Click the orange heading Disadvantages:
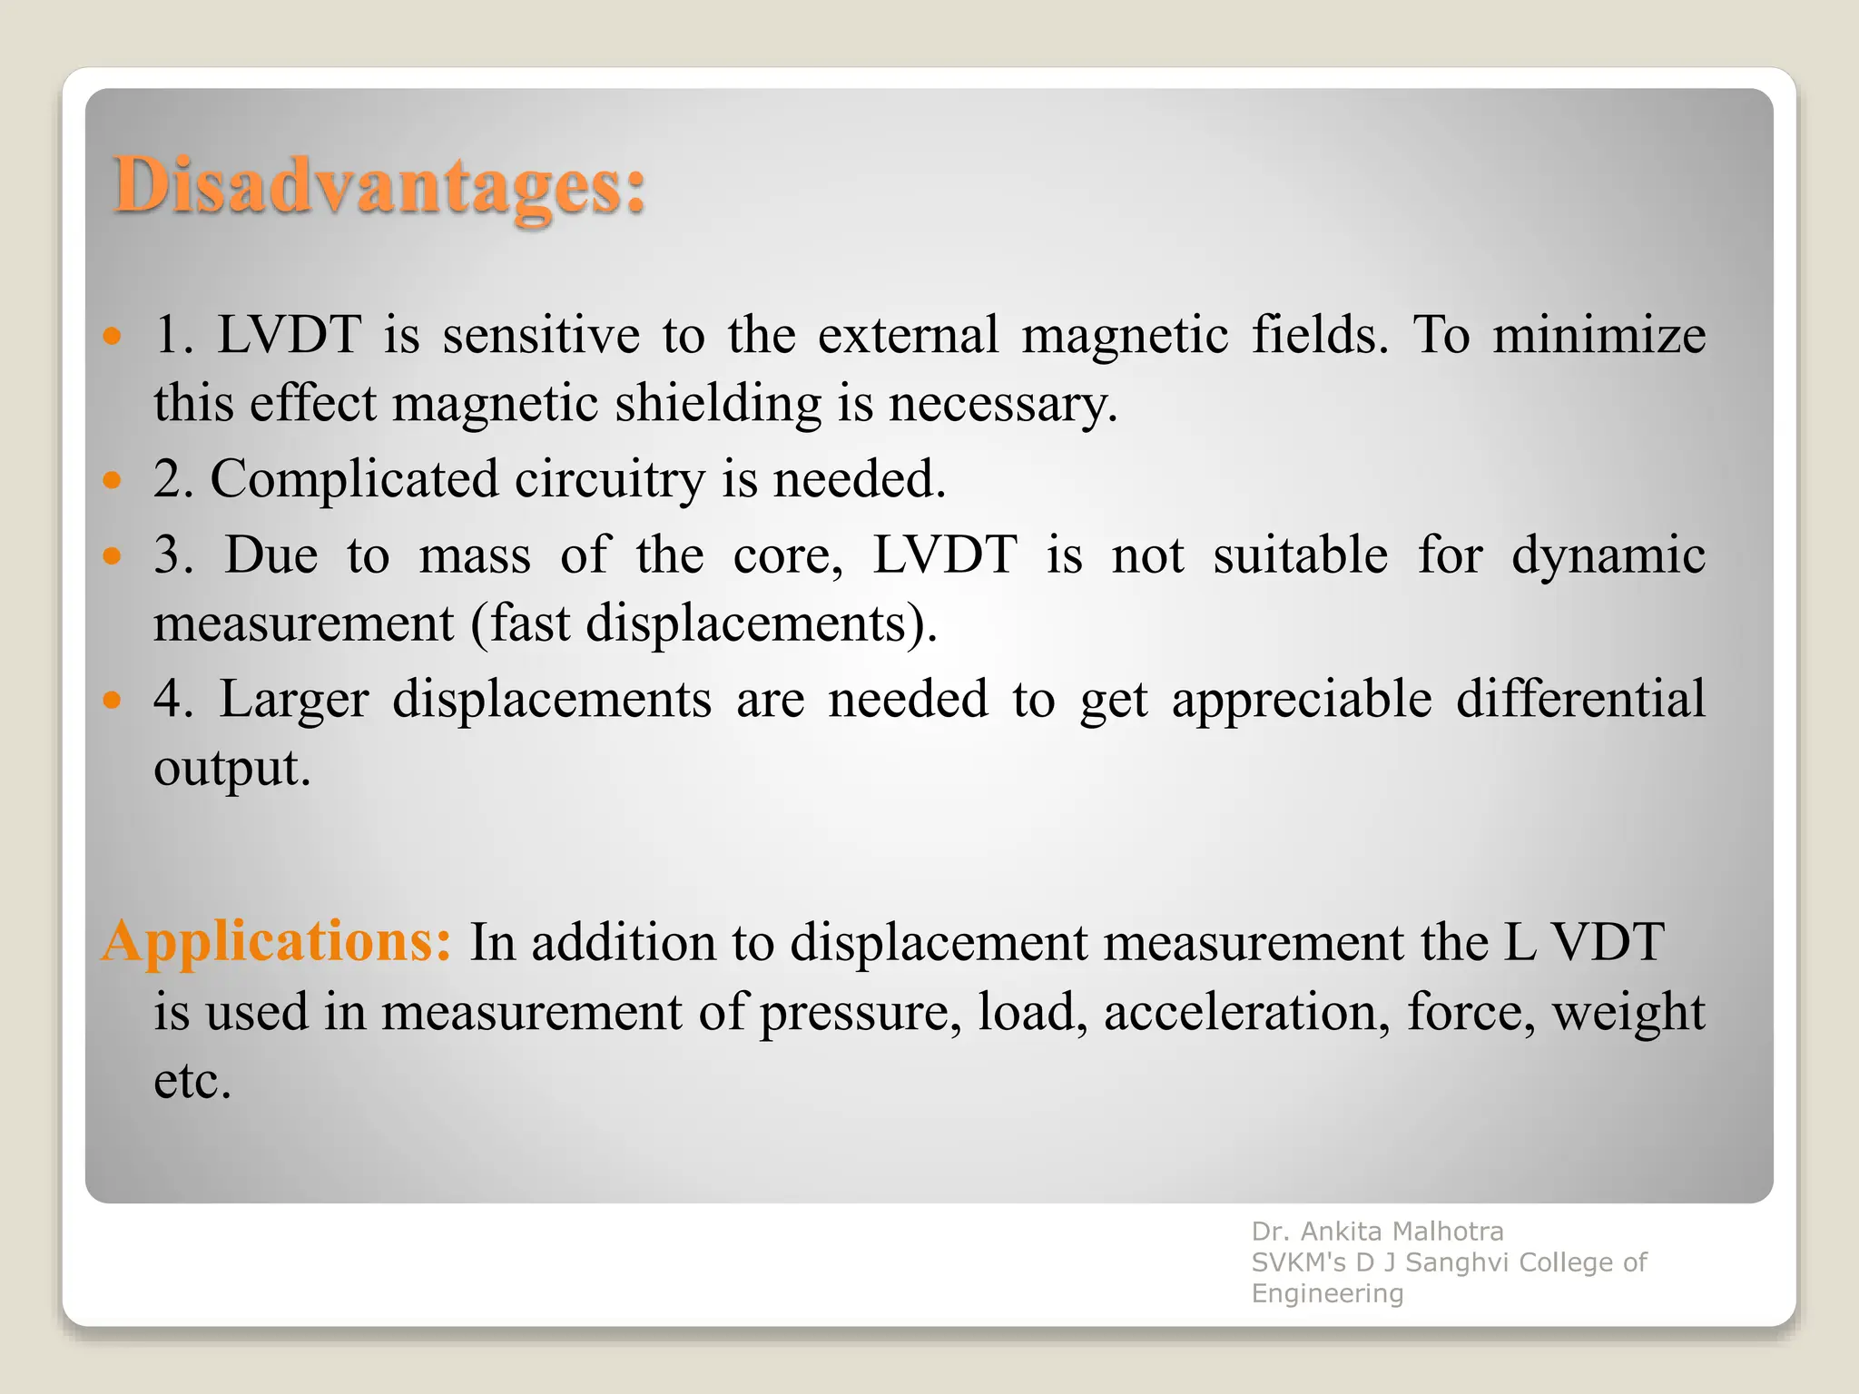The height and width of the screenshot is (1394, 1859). coord(379,186)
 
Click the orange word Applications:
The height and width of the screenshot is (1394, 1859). coord(276,941)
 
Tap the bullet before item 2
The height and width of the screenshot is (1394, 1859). coord(112,479)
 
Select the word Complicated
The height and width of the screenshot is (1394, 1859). coord(354,479)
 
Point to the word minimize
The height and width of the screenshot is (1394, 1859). coord(1599,335)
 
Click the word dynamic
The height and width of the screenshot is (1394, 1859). coord(1608,555)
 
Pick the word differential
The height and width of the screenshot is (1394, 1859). coord(1580,700)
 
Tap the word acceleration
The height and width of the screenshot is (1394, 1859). coord(1246,1012)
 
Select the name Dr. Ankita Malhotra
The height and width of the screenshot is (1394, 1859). coord(1377,1232)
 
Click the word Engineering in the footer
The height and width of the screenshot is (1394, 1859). coord(1327,1293)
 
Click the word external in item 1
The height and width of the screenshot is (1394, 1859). coord(908,335)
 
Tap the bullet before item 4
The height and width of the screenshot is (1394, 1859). coord(112,700)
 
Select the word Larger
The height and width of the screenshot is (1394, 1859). coord(294,700)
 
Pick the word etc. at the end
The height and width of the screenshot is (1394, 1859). coord(192,1081)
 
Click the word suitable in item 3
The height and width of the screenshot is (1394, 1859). coord(1300,555)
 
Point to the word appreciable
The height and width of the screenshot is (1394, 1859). coord(1302,700)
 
